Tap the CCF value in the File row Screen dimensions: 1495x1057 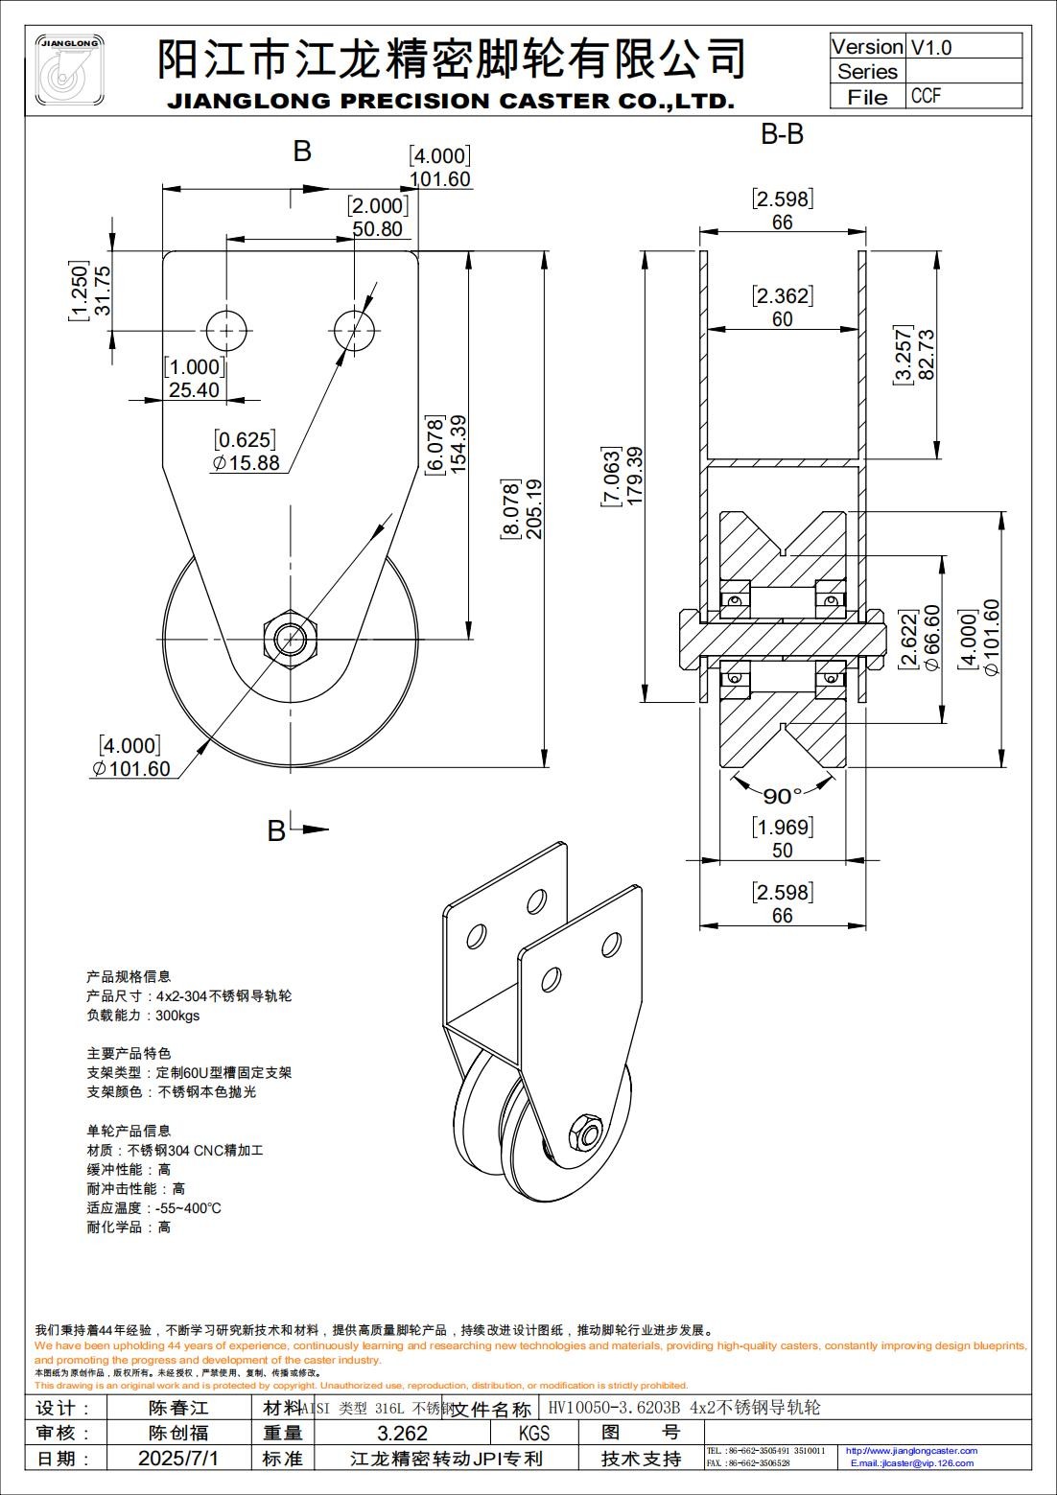(926, 96)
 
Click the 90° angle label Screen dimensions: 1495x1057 (782, 796)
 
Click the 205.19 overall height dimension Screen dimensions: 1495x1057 (534, 509)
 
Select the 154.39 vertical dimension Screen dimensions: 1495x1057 (458, 443)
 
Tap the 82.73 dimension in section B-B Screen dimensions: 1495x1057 (926, 355)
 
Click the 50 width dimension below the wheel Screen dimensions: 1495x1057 (782, 850)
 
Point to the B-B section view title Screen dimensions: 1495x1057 (782, 134)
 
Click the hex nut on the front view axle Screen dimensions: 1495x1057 (291, 638)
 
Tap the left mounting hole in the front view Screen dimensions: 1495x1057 (227, 331)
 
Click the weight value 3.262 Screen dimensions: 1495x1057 (402, 1434)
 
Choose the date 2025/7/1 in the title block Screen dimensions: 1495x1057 (178, 1459)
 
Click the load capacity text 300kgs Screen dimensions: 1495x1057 (177, 1016)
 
